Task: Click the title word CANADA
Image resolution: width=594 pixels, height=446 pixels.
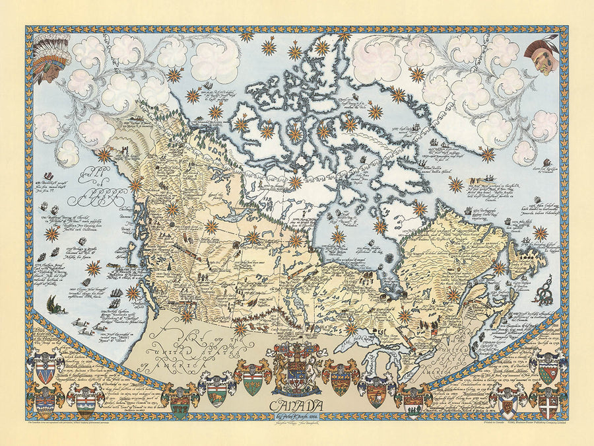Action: pyautogui.click(x=298, y=404)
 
